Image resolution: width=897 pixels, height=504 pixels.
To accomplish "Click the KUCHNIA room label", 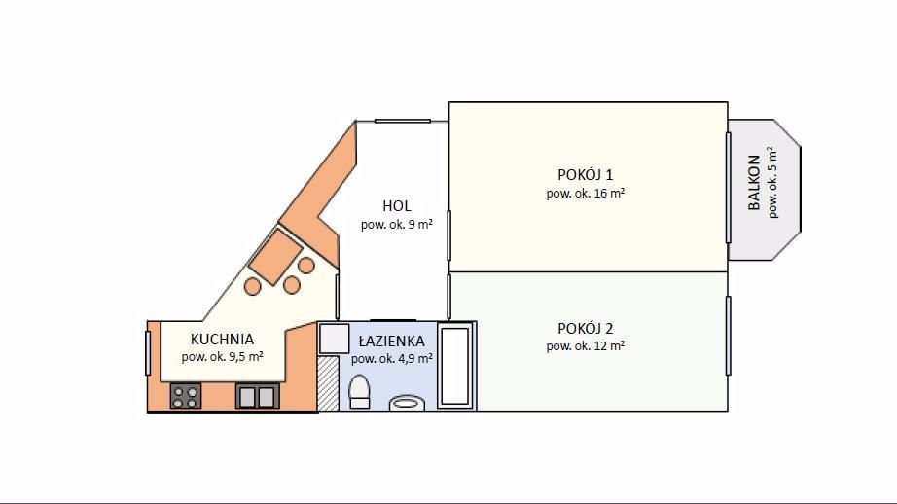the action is tap(222, 340).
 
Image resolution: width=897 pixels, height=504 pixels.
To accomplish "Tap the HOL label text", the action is tap(396, 206).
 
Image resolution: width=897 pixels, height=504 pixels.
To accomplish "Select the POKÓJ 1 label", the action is tap(585, 174).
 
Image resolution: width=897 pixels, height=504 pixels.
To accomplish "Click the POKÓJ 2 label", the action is tap(585, 328).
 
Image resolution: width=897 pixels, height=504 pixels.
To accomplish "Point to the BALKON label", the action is tap(754, 183).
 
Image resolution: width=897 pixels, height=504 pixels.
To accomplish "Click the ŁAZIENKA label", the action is tap(392, 341).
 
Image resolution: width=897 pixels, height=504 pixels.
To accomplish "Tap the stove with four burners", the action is tap(186, 396).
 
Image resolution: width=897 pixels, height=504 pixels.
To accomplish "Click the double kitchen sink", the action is tap(258, 396).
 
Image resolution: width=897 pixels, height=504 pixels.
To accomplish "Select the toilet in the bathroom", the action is tap(359, 392).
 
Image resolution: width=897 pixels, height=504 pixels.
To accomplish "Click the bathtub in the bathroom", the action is tap(455, 366).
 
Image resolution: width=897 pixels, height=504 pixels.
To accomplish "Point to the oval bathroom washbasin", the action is tap(407, 404).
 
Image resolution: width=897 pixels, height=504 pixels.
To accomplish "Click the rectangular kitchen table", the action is tap(275, 257).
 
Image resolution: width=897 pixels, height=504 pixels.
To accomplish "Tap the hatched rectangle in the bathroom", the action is tap(329, 383).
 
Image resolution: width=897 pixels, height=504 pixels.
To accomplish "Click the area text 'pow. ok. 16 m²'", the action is tap(585, 194).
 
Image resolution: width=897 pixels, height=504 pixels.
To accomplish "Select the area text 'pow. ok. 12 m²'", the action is tap(585, 346).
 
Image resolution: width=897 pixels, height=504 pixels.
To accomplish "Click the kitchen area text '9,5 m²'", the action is tap(246, 356).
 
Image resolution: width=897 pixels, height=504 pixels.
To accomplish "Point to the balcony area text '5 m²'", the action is tap(772, 159).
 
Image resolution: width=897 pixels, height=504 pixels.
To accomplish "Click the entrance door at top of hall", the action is tap(402, 121).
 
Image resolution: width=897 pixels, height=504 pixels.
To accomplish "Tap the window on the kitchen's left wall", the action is tap(148, 353).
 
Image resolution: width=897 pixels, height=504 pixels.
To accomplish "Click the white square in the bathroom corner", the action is tap(334, 339).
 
